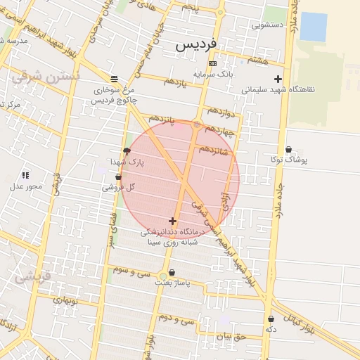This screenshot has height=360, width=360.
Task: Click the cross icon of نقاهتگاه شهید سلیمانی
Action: click(x=278, y=79)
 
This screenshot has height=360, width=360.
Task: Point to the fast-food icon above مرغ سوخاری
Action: click(x=114, y=78)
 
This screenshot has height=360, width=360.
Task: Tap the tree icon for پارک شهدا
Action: click(x=127, y=151)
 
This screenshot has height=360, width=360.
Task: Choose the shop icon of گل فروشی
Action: click(x=118, y=176)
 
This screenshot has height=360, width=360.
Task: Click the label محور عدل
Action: click(x=26, y=186)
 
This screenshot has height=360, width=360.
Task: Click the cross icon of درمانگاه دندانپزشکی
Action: click(x=172, y=221)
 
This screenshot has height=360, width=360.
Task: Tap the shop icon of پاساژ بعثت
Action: click(x=172, y=272)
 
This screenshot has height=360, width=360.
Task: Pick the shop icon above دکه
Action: click(x=271, y=319)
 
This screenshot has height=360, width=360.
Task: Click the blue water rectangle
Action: click(x=314, y=27)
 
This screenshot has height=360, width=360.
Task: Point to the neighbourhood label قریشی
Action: click(x=33, y=276)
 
